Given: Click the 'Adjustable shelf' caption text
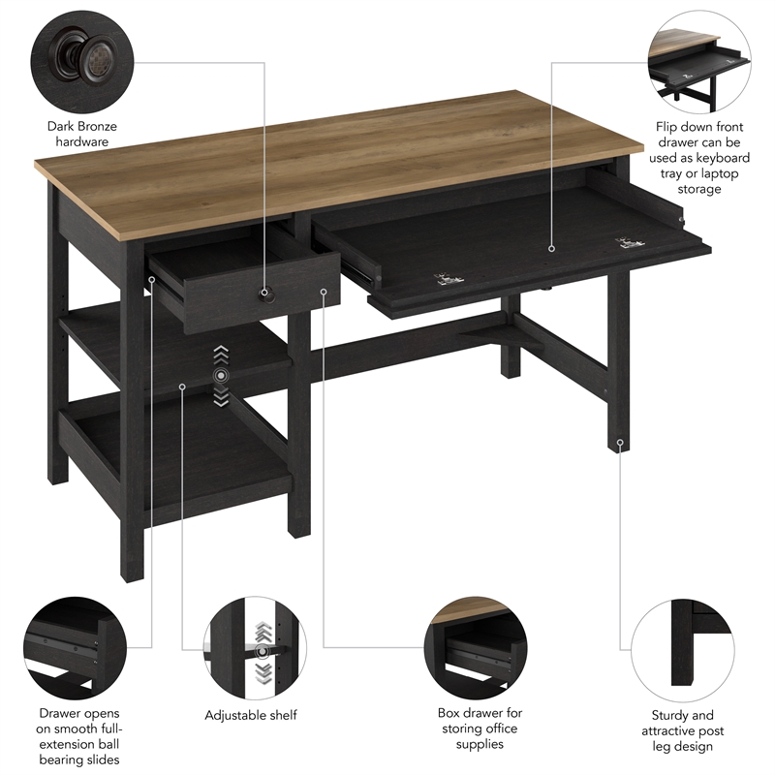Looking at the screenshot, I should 250,715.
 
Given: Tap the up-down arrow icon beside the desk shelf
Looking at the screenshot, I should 222,374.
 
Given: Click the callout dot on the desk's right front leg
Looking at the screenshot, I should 620,444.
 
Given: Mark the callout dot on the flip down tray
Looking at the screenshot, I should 551,248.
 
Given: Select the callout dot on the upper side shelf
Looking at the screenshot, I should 182,387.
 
